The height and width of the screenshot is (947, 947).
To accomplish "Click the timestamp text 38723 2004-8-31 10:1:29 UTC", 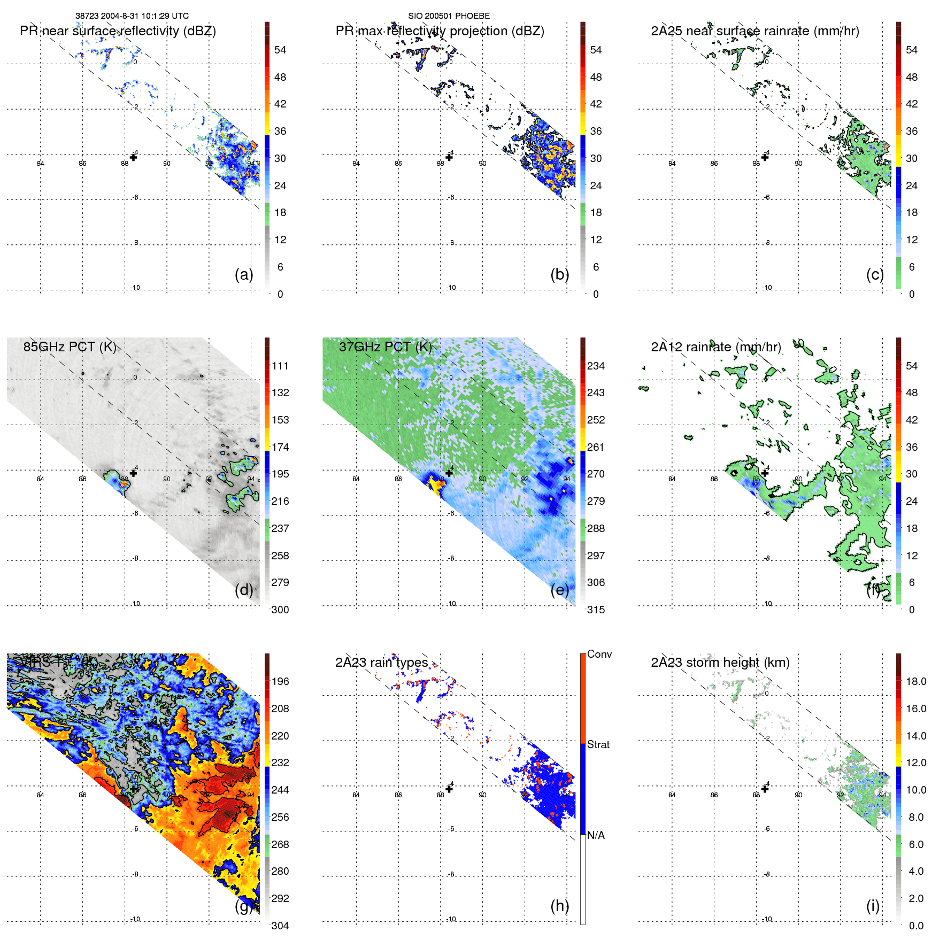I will pyautogui.click(x=132, y=16).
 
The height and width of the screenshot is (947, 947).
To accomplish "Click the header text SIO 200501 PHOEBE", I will pyautogui.click(x=449, y=16).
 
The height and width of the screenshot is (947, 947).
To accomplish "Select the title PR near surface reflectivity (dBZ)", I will pyautogui.click(x=118, y=31).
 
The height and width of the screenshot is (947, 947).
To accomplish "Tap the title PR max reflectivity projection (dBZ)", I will pyautogui.click(x=440, y=31).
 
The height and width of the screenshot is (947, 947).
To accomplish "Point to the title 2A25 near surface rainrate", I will pyautogui.click(x=754, y=31).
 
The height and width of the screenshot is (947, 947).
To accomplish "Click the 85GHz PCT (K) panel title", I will pyautogui.click(x=70, y=347).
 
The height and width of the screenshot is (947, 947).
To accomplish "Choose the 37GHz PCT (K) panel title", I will pyautogui.click(x=385, y=347).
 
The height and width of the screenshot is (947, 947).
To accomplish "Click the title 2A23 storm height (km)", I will pyautogui.click(x=720, y=663).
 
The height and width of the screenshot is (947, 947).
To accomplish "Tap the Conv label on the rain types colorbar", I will pyautogui.click(x=599, y=654).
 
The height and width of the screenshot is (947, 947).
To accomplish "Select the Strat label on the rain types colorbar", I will pyautogui.click(x=598, y=744).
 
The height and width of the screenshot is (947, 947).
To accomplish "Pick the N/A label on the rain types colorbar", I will pyautogui.click(x=596, y=835).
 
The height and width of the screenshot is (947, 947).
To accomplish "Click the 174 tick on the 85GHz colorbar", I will pyautogui.click(x=280, y=447).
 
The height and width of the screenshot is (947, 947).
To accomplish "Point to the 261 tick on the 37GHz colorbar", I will pyautogui.click(x=596, y=447).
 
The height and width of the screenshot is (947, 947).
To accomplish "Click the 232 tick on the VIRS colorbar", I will pyautogui.click(x=280, y=763).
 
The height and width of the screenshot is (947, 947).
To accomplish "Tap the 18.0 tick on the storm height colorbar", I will pyautogui.click(x=915, y=681).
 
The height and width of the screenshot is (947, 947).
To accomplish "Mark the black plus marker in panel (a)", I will pyautogui.click(x=133, y=157).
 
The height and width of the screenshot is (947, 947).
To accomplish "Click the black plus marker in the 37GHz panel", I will pyautogui.click(x=449, y=473).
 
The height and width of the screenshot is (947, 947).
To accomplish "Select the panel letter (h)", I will pyautogui.click(x=559, y=906).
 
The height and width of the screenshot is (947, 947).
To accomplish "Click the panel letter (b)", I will pyautogui.click(x=559, y=274).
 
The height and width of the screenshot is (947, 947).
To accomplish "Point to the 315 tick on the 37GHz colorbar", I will pyautogui.click(x=596, y=610).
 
